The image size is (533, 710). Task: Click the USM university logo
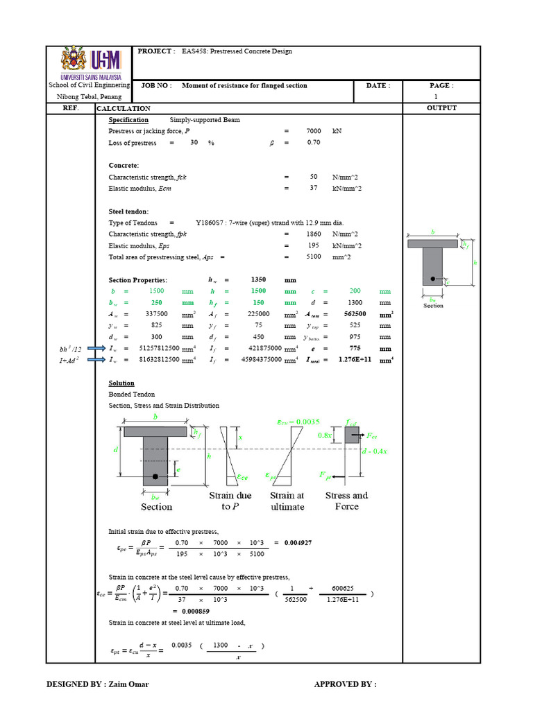(91, 63)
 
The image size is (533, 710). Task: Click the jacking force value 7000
(314, 131)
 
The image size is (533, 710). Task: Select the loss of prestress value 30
(194, 142)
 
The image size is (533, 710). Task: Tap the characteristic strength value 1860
(314, 234)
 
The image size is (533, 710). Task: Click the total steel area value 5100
(314, 257)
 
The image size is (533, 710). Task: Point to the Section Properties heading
(137, 280)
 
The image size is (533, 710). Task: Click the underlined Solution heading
(121, 383)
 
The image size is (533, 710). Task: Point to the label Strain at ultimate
(287, 501)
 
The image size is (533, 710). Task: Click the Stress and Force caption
(346, 501)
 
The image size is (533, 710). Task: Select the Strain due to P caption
(230, 501)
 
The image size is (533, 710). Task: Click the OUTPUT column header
(441, 108)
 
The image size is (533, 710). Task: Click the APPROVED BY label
(345, 684)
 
